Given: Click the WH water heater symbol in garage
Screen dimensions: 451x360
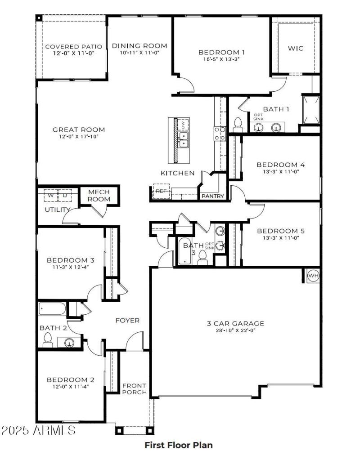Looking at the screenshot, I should (x=313, y=275).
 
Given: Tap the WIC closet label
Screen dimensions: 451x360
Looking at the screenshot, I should (x=295, y=49).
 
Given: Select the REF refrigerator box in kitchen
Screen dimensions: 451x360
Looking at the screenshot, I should (x=161, y=191).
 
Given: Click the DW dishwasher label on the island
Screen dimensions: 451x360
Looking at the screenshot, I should (x=183, y=124).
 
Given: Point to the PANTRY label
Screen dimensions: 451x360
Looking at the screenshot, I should (x=212, y=196).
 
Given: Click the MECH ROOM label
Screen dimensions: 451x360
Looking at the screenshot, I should (x=99, y=196).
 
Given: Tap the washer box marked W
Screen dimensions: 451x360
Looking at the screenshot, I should (x=50, y=196).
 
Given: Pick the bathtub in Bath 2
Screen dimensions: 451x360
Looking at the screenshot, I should (x=52, y=309).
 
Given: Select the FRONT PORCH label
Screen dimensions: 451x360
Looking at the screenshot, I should (x=135, y=389).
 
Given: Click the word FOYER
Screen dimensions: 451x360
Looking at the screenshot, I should (x=127, y=321).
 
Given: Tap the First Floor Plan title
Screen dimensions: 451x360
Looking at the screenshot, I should (x=178, y=445).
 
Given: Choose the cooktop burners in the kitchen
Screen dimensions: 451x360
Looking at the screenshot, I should (x=219, y=133).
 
